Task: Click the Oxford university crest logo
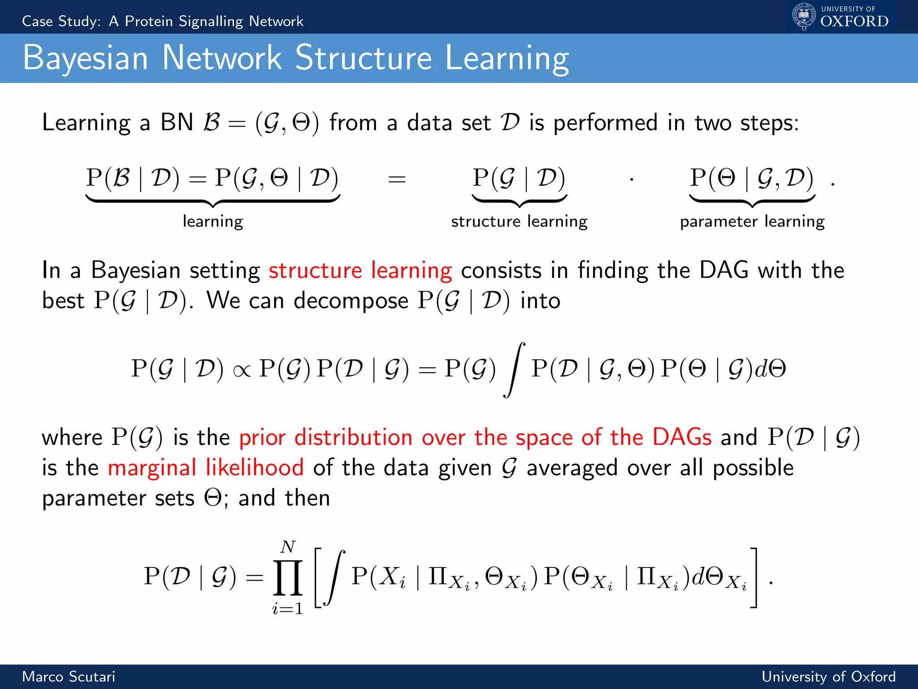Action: (804, 16)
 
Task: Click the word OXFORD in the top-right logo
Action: (854, 21)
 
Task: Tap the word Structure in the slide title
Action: (364, 58)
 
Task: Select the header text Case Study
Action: (61, 21)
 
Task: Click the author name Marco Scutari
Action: (69, 676)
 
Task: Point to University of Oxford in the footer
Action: (828, 676)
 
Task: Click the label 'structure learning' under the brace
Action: (519, 222)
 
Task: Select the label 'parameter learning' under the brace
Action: (752, 222)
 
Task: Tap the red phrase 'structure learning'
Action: (360, 270)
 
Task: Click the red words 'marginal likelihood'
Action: (206, 468)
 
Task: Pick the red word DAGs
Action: (682, 437)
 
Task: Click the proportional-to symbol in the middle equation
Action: (242, 371)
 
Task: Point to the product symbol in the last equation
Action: (288, 577)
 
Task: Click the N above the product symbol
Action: (288, 546)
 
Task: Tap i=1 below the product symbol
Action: (288, 609)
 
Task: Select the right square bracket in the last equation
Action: (754, 577)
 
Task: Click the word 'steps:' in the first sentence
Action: (769, 123)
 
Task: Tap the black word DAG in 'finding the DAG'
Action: (724, 270)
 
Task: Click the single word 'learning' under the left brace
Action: (213, 222)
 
